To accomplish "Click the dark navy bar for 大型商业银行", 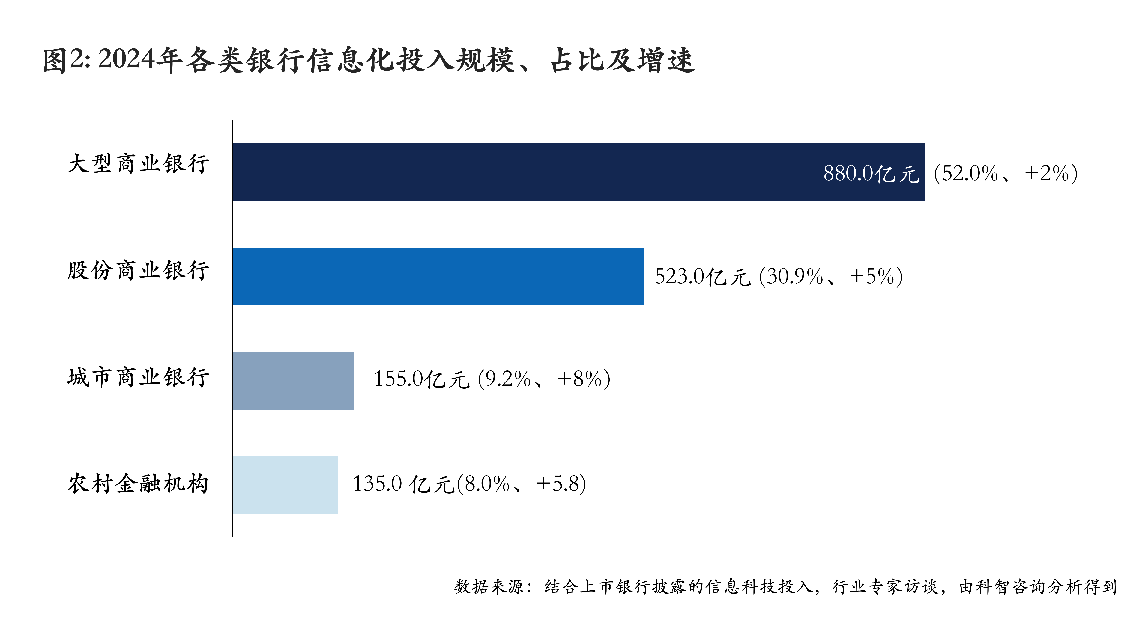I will (x=529, y=172).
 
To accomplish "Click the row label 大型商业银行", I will (x=139, y=164).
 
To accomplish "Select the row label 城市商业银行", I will (x=139, y=377).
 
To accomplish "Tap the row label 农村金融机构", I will (x=139, y=483).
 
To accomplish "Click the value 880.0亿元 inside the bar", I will (x=871, y=173).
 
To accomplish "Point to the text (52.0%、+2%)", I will (x=1006, y=173).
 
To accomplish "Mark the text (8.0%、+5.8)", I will (x=521, y=484).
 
